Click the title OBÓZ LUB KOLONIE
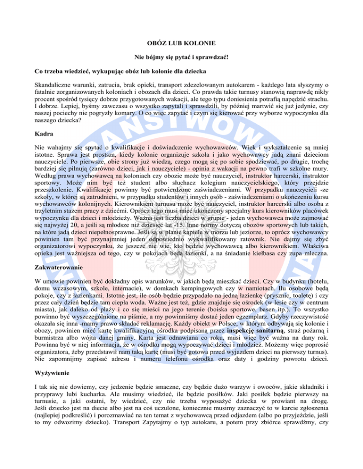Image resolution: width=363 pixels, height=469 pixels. click(181, 43)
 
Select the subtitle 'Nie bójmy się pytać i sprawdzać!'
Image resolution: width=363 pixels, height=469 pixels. click(181, 58)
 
